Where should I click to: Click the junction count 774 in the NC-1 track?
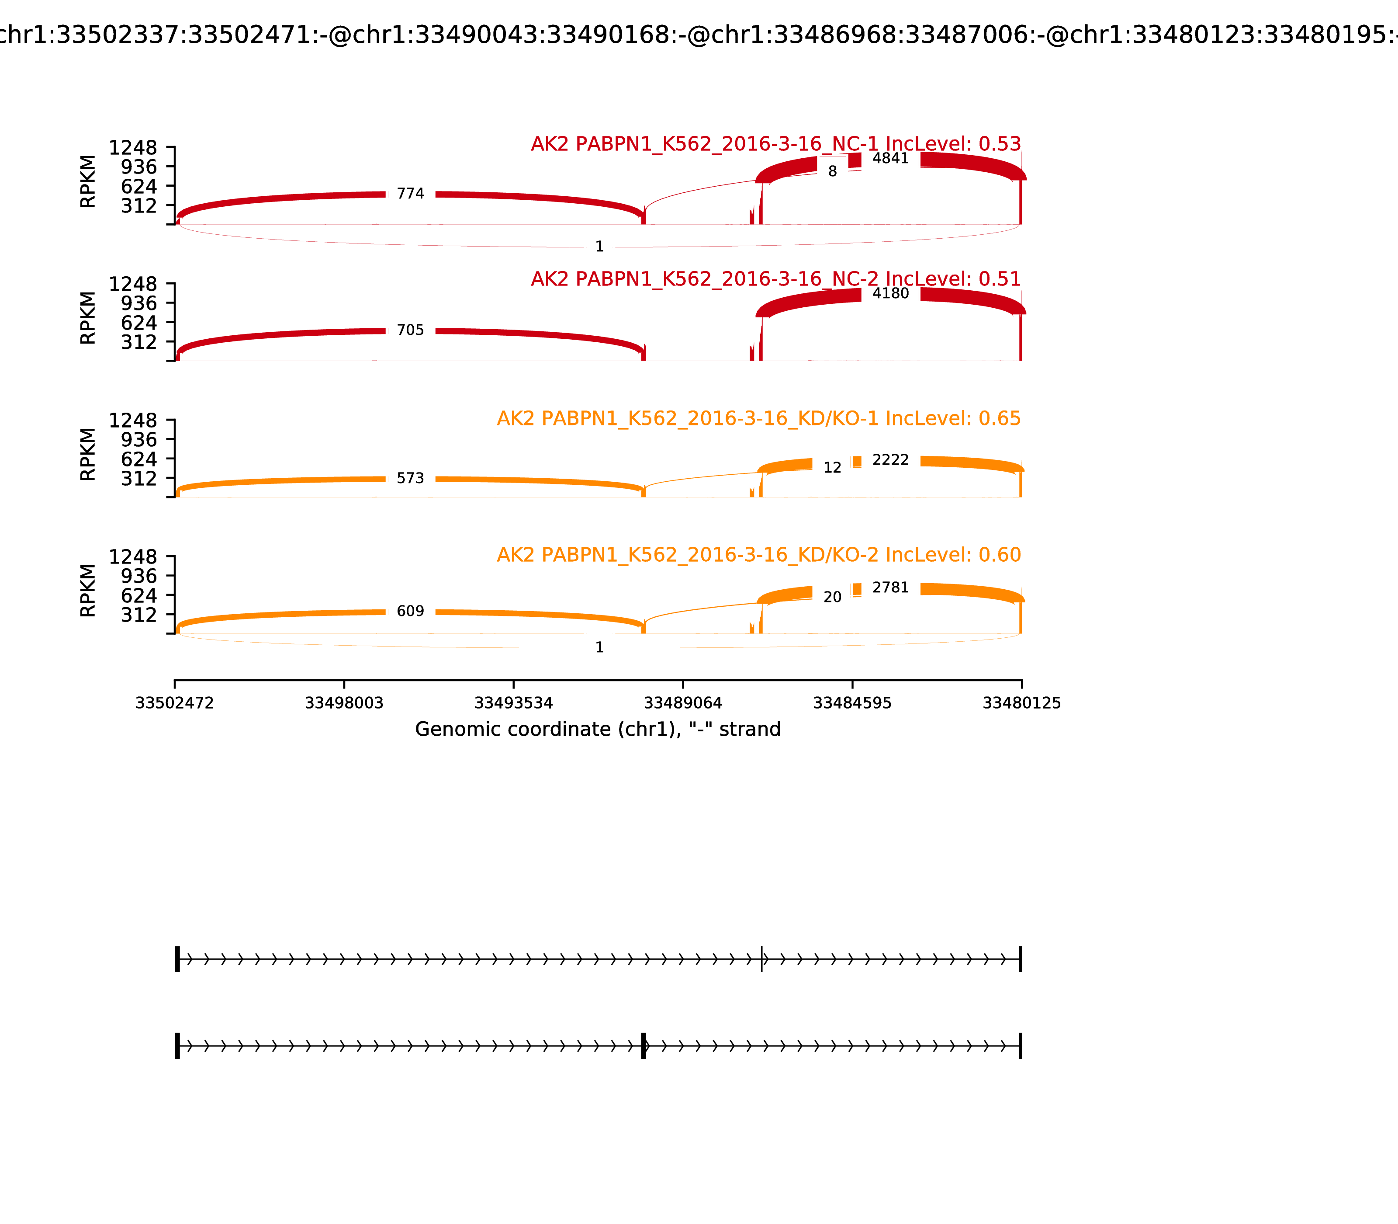click(x=410, y=194)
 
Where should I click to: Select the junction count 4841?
click(x=890, y=158)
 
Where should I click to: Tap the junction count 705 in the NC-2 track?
click(x=410, y=330)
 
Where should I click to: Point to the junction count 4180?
click(x=890, y=294)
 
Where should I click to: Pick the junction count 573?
click(x=410, y=479)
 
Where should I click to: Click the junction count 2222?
click(x=890, y=460)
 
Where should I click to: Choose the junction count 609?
click(x=410, y=611)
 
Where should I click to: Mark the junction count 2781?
click(x=890, y=588)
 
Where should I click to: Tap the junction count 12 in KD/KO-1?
click(x=832, y=468)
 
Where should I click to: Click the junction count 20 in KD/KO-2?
click(x=832, y=598)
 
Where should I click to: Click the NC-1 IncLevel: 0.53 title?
click(x=775, y=144)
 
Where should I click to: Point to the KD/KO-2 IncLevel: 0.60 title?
click(x=758, y=555)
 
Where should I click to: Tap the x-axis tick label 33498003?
click(x=344, y=703)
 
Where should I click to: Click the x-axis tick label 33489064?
click(x=682, y=703)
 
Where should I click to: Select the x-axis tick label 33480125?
click(x=1021, y=703)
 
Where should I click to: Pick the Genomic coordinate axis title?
click(x=597, y=730)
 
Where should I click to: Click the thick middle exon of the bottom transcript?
click(x=644, y=1046)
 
